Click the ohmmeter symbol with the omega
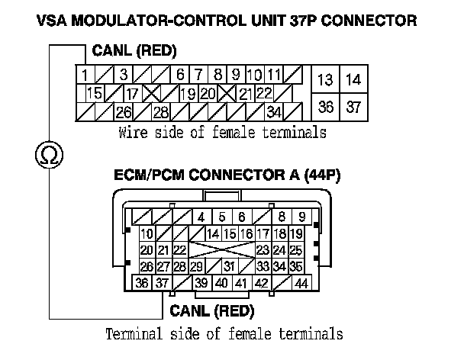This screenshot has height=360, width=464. click(50, 156)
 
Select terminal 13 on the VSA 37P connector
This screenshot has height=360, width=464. click(326, 80)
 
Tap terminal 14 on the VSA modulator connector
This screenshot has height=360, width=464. click(353, 80)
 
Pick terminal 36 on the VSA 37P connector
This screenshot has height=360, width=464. click(326, 107)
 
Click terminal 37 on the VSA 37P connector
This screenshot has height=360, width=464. click(353, 107)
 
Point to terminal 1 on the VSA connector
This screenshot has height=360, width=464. click(83, 75)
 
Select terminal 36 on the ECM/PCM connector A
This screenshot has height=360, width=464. click(142, 284)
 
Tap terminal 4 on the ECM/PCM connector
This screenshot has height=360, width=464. click(201, 217)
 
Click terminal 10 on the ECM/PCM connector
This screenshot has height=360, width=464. click(147, 233)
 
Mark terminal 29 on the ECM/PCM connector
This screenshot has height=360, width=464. click(196, 266)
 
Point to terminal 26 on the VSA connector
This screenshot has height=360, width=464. click(122, 112)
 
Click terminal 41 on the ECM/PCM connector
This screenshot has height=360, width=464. click(240, 284)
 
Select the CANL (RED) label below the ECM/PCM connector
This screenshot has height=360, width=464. click(211, 310)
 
